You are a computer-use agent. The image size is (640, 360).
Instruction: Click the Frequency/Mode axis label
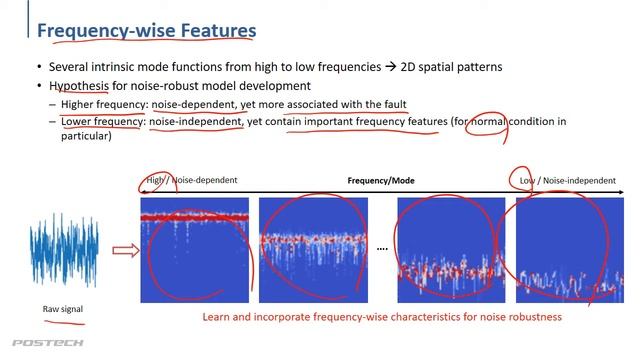381,181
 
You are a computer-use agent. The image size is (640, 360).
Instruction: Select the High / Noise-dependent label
192,181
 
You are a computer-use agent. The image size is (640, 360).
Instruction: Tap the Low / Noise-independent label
567,181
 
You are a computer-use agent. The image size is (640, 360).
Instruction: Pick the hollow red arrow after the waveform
125,250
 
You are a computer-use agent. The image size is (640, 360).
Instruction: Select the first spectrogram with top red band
194,250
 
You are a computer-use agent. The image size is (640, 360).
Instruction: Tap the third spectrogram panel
450,250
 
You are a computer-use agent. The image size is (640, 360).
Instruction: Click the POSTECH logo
34,343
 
